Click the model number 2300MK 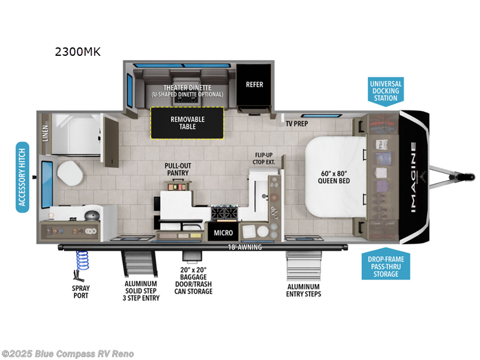[x=77, y=52]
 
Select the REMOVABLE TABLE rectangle [x=187, y=123]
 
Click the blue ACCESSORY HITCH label [x=23, y=177]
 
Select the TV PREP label [x=298, y=124]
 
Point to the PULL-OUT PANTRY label [x=178, y=169]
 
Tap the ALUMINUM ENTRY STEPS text [x=304, y=290]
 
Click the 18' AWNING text [x=244, y=247]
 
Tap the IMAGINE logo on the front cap [x=414, y=177]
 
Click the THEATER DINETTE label [x=187, y=88]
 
